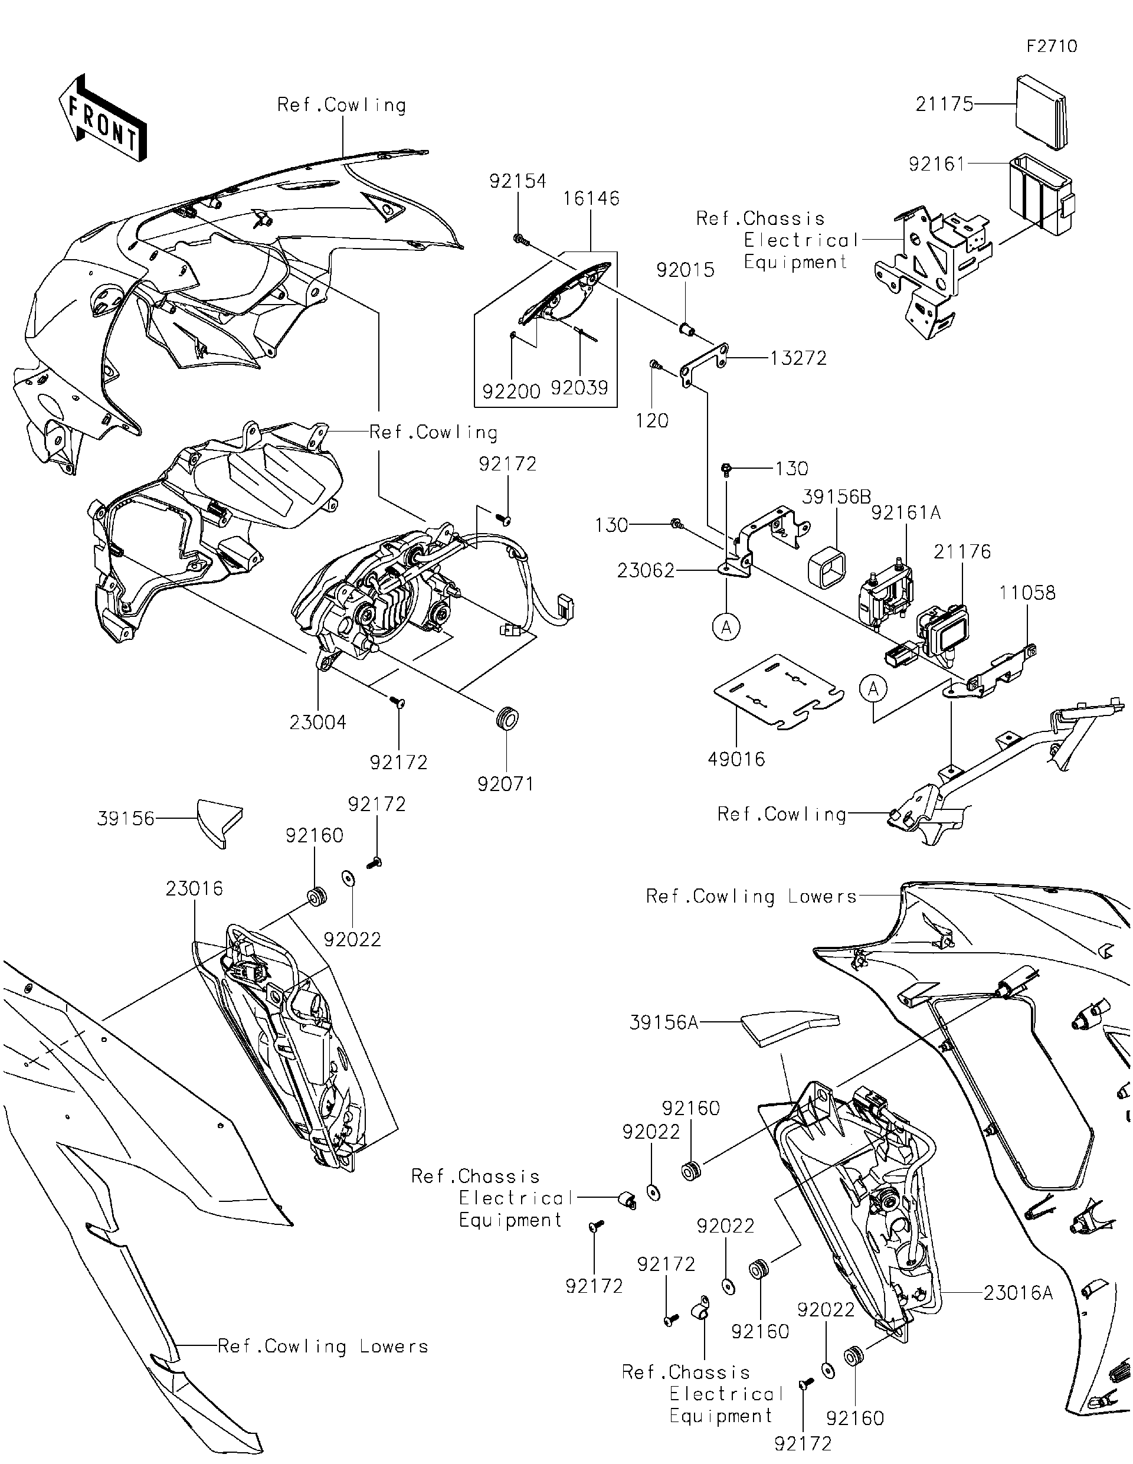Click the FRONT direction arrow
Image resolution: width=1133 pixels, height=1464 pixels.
pyautogui.click(x=103, y=119)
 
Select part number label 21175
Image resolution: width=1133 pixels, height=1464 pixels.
pyautogui.click(x=944, y=104)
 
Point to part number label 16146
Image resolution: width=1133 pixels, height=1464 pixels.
pyautogui.click(x=590, y=198)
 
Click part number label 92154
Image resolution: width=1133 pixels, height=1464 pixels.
pyautogui.click(x=518, y=181)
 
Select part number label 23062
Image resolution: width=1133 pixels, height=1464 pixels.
pyautogui.click(x=645, y=570)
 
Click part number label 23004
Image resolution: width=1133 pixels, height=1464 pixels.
pyautogui.click(x=317, y=722)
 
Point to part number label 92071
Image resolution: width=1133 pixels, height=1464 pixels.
pyautogui.click(x=505, y=783)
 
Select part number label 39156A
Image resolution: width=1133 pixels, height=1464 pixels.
pyautogui.click(x=663, y=1022)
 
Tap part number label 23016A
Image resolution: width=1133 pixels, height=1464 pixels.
pyautogui.click(x=1018, y=1292)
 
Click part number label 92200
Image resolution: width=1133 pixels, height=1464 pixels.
pyautogui.click(x=511, y=391)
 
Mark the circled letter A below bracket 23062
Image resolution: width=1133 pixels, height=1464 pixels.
pyautogui.click(x=726, y=628)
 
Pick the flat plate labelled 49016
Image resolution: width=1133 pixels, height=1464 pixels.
pyautogui.click(x=777, y=692)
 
